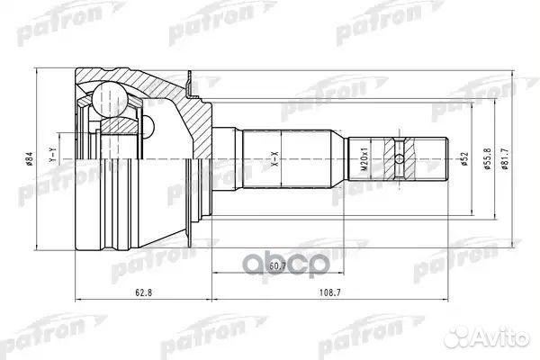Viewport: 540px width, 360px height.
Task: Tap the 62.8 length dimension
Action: tap(136, 292)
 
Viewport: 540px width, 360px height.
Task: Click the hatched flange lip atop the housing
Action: tap(191, 85)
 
